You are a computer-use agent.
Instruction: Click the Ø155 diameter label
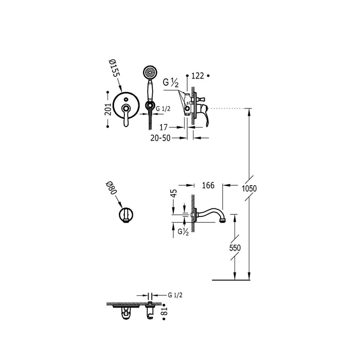click(114, 67)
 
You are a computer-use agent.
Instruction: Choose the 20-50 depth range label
click(160, 138)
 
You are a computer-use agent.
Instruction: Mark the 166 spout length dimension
click(208, 185)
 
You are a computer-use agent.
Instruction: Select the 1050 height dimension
click(249, 189)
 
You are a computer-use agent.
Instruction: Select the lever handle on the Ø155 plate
click(124, 115)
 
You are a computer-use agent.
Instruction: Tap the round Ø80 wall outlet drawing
click(125, 215)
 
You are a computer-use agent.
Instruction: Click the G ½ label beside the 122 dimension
click(172, 82)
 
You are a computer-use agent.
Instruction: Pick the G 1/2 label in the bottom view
click(176, 295)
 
